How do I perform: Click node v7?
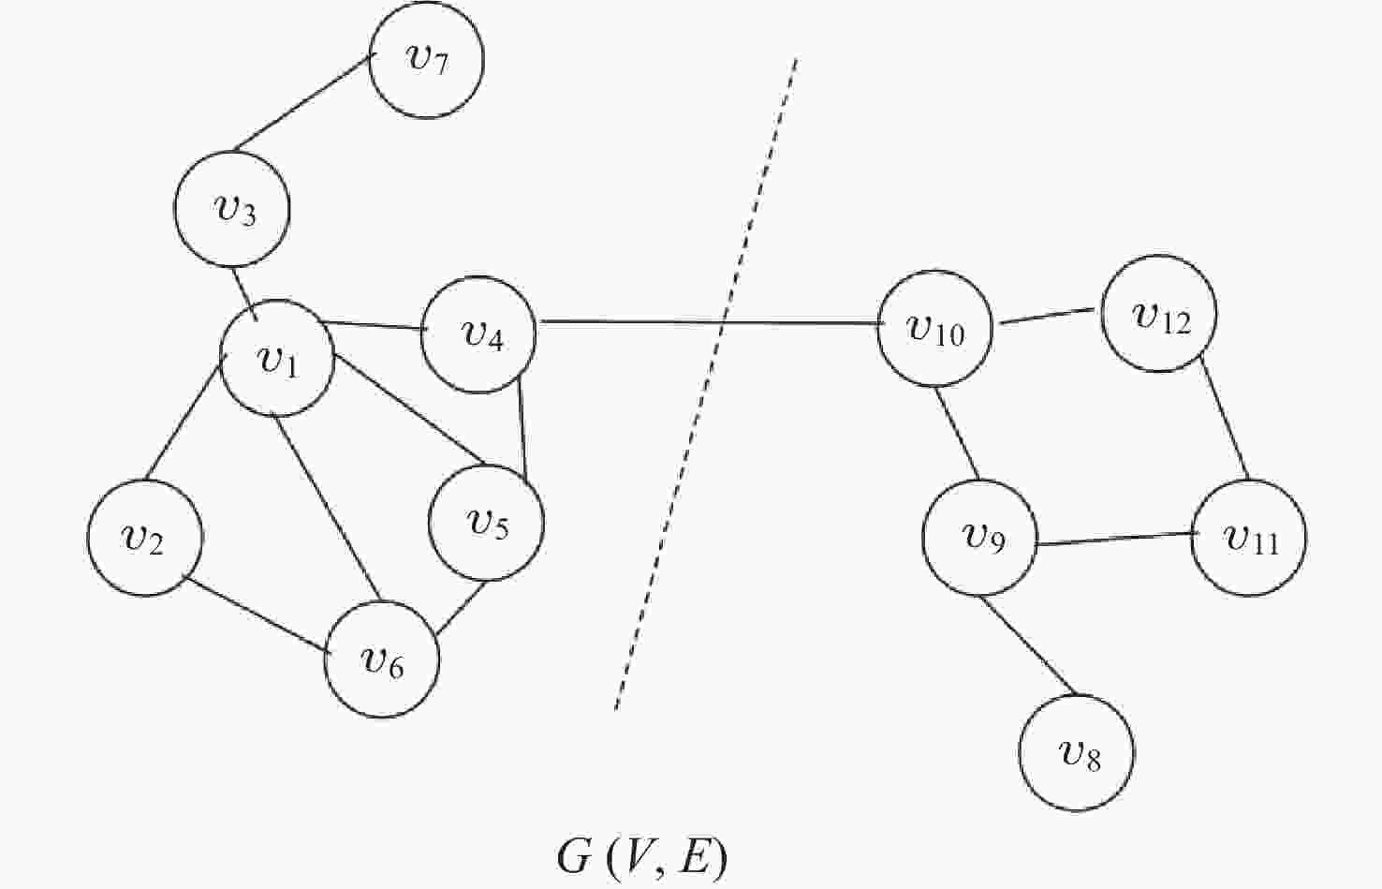coord(426,61)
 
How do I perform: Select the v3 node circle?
coord(232,209)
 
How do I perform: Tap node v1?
coord(277,358)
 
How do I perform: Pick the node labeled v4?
coord(478,334)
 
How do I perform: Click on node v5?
coord(486,522)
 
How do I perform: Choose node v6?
coord(381,659)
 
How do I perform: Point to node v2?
coord(145,538)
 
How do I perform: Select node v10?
coord(934,329)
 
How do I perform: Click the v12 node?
coord(1159,314)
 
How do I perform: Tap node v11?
coord(1248,538)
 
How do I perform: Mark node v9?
coord(979,538)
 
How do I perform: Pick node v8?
coord(1076,752)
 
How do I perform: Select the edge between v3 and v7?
coord(301,104)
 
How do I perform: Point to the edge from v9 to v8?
coord(1029,645)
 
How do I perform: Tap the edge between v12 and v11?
coord(1225,418)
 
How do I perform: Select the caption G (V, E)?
coord(642,856)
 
